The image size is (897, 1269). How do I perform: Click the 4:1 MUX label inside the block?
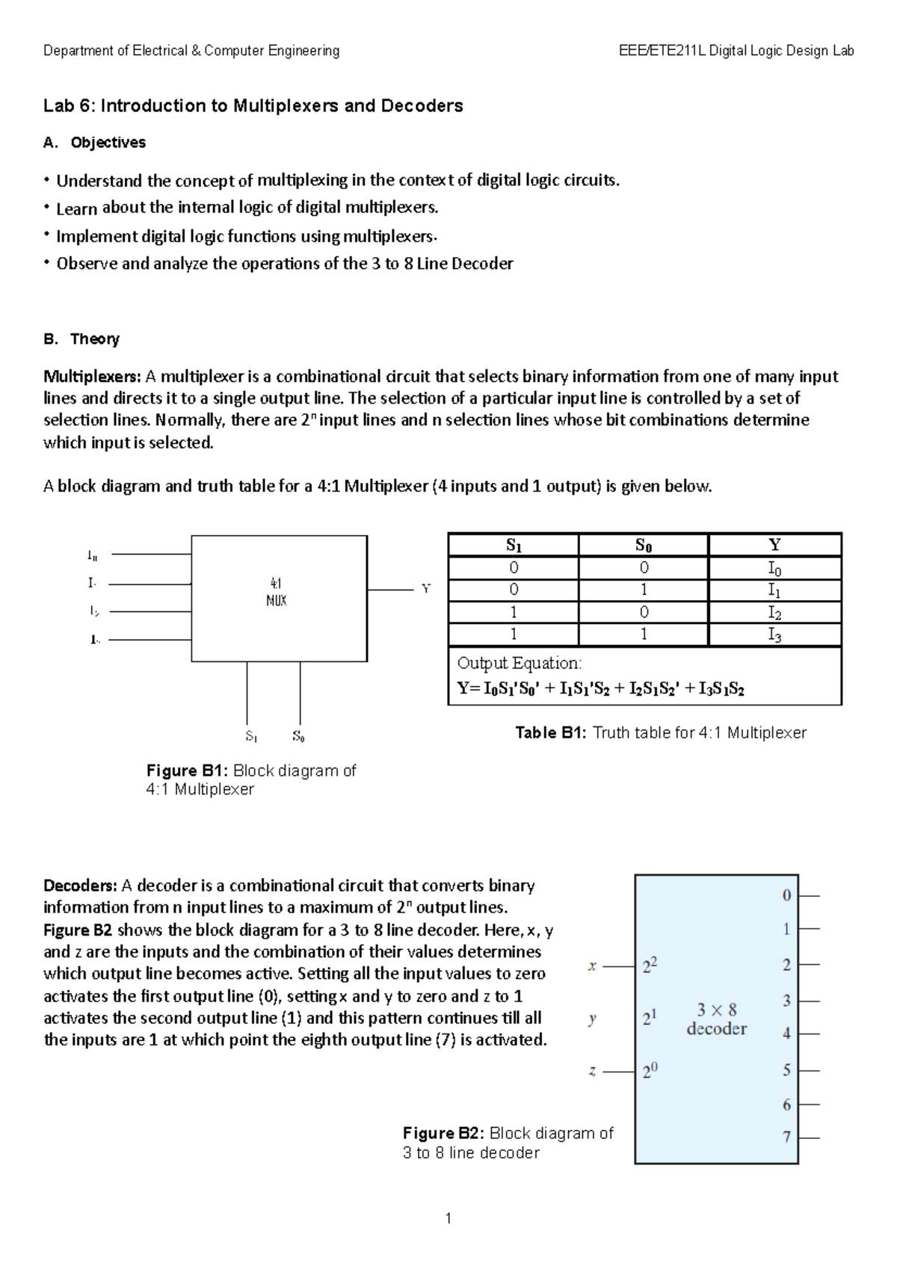tap(276, 591)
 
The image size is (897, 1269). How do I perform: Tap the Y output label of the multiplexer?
tap(426, 589)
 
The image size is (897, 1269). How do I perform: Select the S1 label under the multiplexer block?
tap(251, 736)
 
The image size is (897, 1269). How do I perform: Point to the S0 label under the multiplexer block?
tap(298, 736)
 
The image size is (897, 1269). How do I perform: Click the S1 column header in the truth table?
tap(514, 545)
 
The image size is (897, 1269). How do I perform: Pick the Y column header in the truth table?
tap(774, 545)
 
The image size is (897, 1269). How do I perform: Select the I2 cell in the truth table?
tap(774, 613)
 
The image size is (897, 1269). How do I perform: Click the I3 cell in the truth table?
tap(774, 635)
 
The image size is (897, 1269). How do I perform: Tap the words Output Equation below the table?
tap(519, 663)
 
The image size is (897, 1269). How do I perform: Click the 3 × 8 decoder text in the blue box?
tap(716, 1019)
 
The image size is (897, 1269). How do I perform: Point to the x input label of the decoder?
tap(592, 966)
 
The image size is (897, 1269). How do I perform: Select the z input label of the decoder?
tap(592, 1071)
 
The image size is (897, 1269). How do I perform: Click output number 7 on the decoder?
tap(786, 1137)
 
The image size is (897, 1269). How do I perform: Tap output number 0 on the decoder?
tap(786, 895)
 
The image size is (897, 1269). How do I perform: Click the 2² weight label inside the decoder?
tap(650, 966)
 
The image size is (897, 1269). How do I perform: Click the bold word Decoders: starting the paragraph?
tap(80, 886)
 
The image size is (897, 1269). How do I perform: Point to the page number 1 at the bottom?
tap(448, 1219)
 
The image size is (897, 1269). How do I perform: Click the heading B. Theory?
tap(81, 339)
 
